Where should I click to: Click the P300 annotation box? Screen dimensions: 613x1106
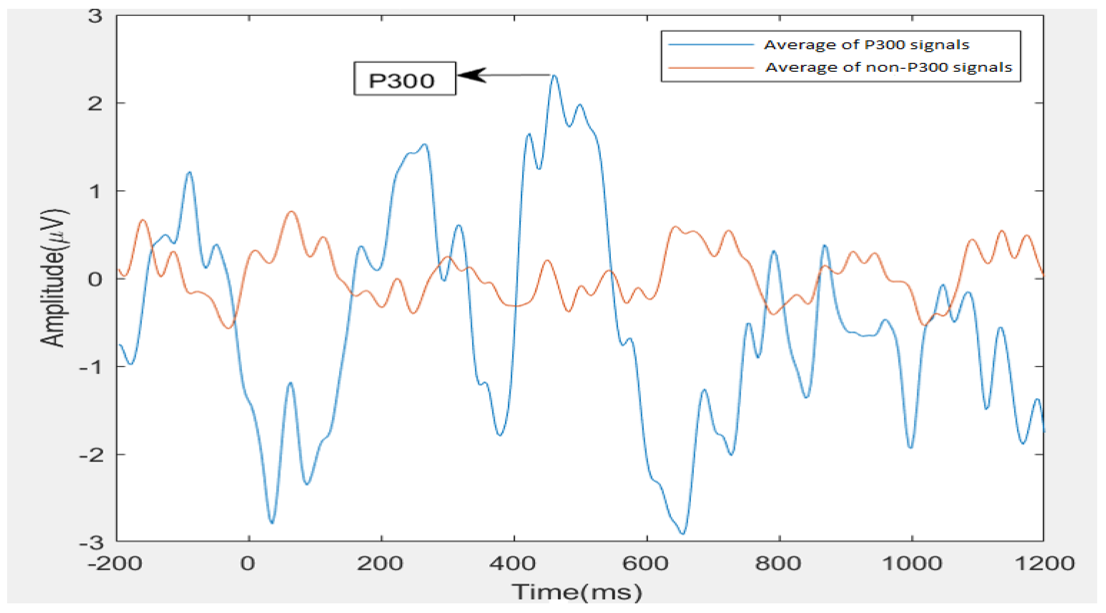tap(405, 79)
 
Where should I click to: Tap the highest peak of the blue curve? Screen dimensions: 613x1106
tap(554, 76)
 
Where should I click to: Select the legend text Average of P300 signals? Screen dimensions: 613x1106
tap(867, 44)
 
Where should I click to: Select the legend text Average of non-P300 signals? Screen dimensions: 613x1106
tap(889, 68)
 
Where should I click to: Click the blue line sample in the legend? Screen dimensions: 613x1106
tap(711, 44)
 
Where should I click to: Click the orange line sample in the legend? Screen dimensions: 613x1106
tap(711, 68)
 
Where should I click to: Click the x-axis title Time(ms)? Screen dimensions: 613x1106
tap(576, 592)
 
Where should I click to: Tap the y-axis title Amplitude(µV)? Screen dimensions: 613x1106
tap(53, 278)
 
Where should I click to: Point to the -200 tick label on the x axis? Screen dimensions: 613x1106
tap(114, 563)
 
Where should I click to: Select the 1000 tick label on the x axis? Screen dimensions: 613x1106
tap(911, 563)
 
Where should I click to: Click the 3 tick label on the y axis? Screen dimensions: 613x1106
tap(95, 16)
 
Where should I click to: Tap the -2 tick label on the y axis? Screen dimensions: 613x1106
tap(91, 455)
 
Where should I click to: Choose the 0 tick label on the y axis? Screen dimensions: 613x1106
tap(95, 279)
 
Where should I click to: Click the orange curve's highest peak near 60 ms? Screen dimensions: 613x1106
tap(291, 212)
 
